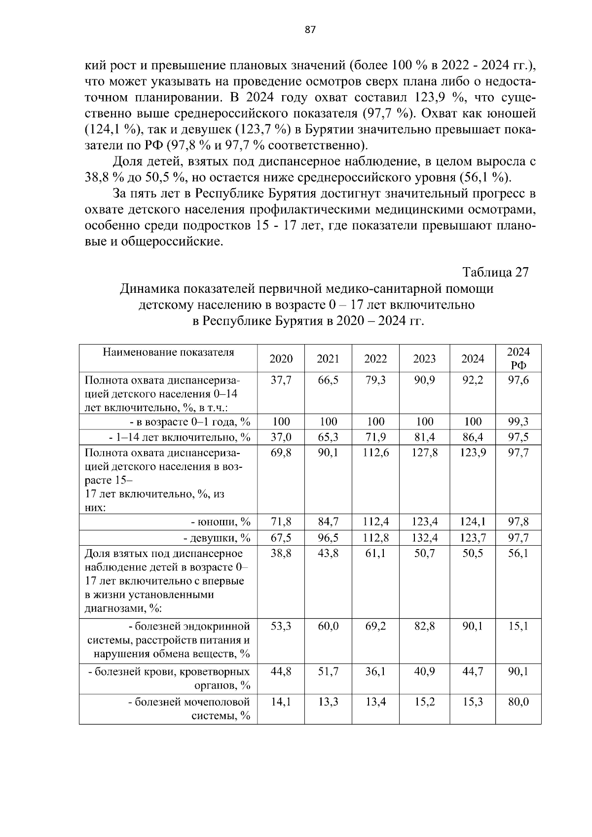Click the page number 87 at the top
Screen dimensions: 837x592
pos(310,30)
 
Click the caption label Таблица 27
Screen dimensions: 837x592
pos(495,273)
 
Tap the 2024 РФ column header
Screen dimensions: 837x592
pos(518,359)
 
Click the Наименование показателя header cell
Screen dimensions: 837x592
pos(168,352)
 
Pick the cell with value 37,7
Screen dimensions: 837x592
pos(281,381)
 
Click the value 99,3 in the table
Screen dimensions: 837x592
pos(518,422)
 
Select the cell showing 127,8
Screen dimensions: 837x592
pos(424,453)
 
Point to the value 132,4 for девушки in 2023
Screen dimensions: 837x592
pos(424,538)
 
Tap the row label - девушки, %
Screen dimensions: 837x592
pos(217,538)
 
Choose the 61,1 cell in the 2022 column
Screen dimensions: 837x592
pos(375,554)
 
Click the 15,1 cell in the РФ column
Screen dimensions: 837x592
pos(518,627)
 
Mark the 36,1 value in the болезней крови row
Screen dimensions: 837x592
pos(375,672)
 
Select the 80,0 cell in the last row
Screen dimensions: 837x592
pos(518,702)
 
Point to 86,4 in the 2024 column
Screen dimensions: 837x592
pos(472,437)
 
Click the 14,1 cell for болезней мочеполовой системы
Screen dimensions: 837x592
pos(281,702)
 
